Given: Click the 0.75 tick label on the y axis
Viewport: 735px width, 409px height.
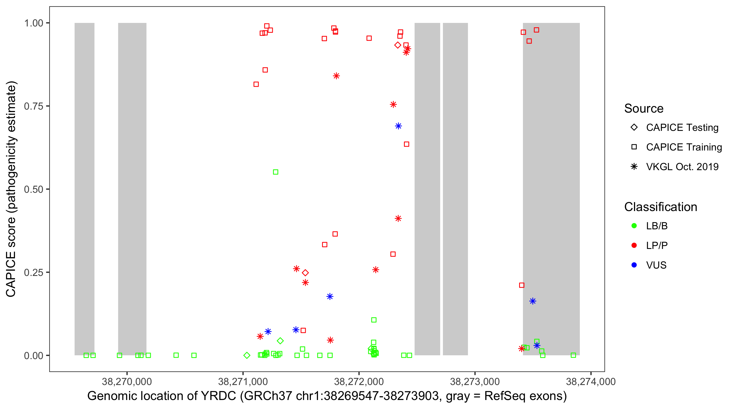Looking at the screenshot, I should tap(33, 106).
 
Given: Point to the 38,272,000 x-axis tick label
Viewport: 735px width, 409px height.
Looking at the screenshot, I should tap(359, 381).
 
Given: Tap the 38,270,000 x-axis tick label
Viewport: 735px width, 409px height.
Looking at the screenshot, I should tap(127, 381).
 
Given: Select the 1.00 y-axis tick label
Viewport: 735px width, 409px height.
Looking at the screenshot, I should tap(33, 23).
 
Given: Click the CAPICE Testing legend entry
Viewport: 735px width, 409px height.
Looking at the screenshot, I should tap(682, 128).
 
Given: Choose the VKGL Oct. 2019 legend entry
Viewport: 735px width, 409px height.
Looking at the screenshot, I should tap(682, 167).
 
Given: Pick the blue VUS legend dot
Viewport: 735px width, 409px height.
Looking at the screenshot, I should tap(634, 265).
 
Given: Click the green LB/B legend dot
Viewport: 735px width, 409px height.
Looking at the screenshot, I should tap(634, 226).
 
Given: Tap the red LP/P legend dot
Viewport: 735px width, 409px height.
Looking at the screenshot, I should tap(634, 245).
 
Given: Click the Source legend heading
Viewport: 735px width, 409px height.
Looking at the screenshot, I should tap(644, 109).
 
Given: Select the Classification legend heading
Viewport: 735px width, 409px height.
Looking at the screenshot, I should tap(660, 207).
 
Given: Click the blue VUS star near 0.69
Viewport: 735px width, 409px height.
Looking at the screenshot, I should tap(398, 126).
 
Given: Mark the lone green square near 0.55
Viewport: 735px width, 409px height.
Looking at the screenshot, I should tap(275, 172).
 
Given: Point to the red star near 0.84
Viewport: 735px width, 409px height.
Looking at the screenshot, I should tap(336, 76).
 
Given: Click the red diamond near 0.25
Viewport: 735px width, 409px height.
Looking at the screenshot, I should tap(305, 273).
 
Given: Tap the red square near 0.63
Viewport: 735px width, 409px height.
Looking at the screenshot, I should tap(407, 144).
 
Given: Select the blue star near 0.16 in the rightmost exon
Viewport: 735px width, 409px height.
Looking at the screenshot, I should tap(533, 301).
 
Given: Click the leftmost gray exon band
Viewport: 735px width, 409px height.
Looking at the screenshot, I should tap(84, 189).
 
